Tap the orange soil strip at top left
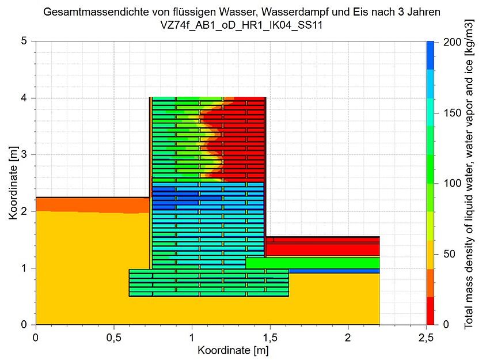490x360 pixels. pos(92,204)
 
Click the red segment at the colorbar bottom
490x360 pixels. pos(430,311)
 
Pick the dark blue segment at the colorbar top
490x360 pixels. pos(430,55)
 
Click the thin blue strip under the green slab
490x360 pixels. pos(334,271)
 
